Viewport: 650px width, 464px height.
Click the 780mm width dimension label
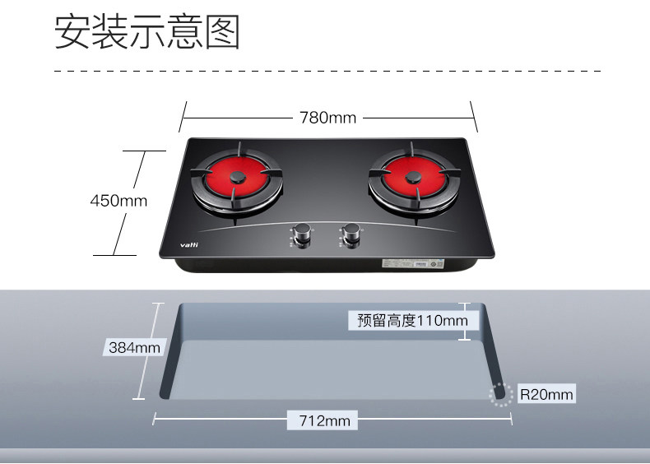tap(327, 118)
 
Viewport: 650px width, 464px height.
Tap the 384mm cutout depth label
tap(134, 348)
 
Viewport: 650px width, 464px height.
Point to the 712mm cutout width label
tap(324, 421)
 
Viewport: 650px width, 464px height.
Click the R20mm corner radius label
tap(546, 395)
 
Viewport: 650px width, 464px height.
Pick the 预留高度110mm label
tap(406, 320)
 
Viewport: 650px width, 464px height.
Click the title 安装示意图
tap(147, 32)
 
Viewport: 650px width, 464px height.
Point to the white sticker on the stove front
tap(411, 264)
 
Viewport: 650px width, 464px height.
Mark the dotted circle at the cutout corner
tap(499, 394)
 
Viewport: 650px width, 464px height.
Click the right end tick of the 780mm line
tap(474, 117)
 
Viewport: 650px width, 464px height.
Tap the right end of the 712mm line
tap(512, 420)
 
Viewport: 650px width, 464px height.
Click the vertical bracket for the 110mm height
tap(469, 321)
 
